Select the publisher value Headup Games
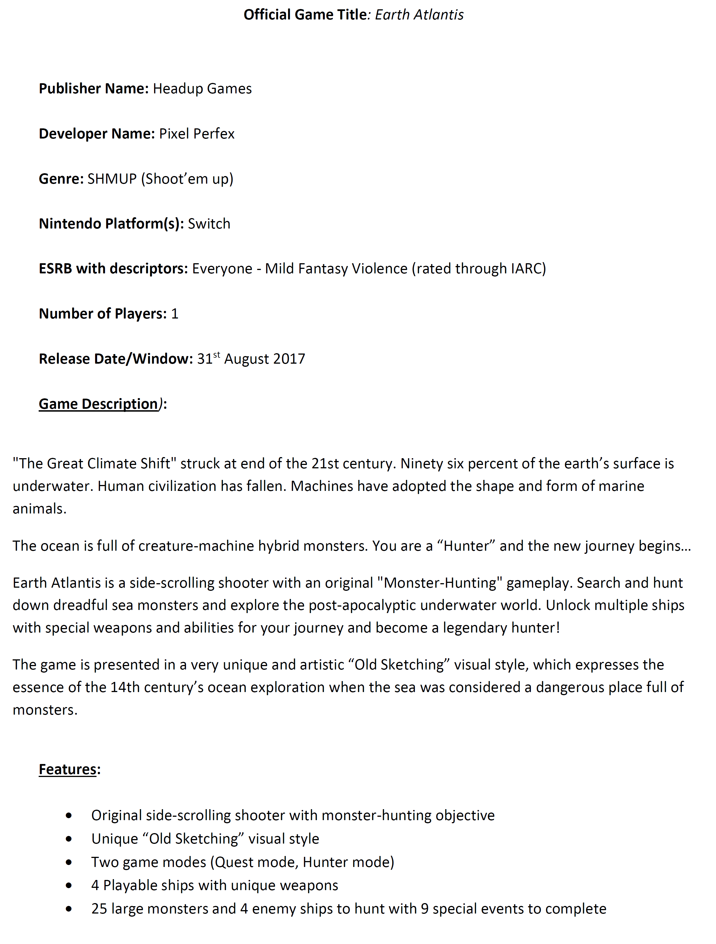point(202,89)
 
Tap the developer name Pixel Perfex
point(196,134)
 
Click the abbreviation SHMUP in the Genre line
point(112,179)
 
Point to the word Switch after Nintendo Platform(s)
point(209,224)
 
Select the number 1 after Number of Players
point(175,314)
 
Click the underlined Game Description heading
point(98,404)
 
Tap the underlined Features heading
point(67,769)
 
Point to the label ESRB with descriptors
point(113,269)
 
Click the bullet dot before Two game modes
point(69,862)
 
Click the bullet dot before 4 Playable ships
point(69,886)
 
